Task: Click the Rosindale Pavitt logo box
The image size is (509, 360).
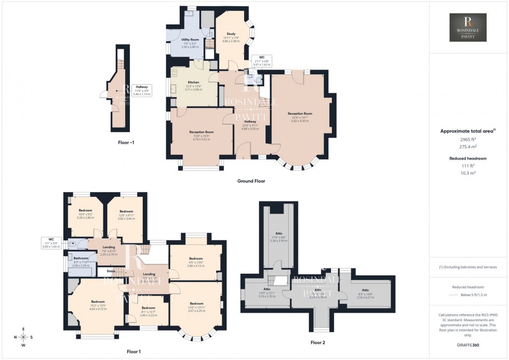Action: [x=467, y=28]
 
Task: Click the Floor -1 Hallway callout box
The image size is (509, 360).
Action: [x=142, y=90]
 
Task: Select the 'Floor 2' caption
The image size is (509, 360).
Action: [x=318, y=342]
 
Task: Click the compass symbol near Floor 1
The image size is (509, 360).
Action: [x=23, y=336]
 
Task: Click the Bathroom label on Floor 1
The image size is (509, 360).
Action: [x=81, y=259]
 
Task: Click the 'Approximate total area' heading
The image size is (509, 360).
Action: [x=468, y=131]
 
